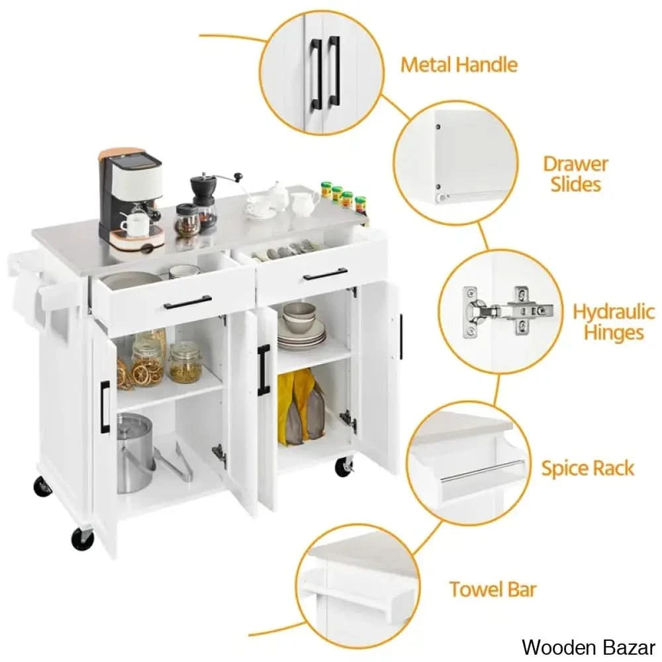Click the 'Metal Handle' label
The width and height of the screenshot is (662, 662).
(459, 65)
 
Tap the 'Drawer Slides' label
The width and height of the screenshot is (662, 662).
(575, 174)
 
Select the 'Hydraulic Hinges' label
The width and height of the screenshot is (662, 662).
(614, 322)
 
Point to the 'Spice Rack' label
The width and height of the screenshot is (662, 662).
(588, 468)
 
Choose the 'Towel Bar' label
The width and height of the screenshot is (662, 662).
(493, 589)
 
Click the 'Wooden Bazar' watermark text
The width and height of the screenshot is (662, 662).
(588, 647)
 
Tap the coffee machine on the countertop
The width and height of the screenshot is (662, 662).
(132, 199)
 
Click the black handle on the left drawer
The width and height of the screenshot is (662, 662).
(188, 302)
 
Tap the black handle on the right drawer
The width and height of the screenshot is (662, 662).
(326, 274)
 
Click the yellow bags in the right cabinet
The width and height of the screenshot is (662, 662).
(301, 407)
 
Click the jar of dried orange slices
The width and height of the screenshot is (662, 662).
(148, 363)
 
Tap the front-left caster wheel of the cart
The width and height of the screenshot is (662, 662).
(82, 538)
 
